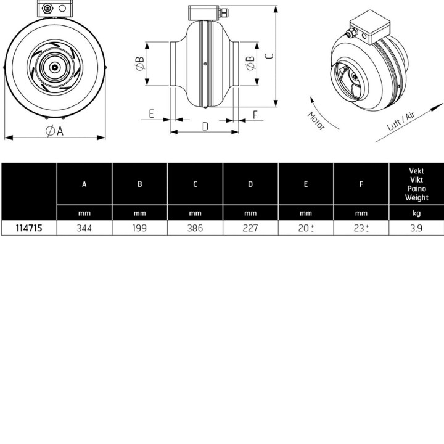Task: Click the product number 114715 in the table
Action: pos(29,228)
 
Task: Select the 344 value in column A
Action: pos(84,228)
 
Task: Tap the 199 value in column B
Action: pos(139,228)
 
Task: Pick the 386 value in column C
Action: pos(195,228)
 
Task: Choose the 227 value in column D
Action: pos(250,228)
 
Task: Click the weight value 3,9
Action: pos(416,228)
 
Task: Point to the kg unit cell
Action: pos(416,213)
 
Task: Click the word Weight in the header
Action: pos(416,197)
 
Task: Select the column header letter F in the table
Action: pos(361,184)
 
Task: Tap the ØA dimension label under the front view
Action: pos(55,131)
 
